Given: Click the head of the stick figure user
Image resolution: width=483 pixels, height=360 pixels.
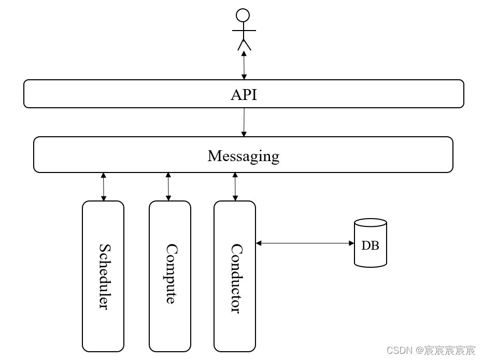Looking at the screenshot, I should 243,16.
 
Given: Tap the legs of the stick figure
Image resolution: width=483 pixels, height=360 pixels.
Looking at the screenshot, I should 244,45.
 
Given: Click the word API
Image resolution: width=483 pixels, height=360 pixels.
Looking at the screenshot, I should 244,95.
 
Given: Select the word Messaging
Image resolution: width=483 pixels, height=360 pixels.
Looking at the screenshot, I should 243,155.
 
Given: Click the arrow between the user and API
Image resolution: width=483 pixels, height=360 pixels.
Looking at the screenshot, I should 244,65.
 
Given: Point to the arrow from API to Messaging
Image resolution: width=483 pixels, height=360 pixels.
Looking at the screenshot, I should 244,122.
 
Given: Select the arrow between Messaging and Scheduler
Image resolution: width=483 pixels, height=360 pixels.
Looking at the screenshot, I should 104,187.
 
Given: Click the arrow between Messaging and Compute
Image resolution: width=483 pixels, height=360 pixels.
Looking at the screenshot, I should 168,187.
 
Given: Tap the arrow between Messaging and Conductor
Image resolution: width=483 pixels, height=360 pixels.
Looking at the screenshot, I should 235,187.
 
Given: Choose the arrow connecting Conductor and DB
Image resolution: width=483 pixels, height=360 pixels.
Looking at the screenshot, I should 305,243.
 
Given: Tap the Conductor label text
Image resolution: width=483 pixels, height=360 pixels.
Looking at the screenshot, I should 235,278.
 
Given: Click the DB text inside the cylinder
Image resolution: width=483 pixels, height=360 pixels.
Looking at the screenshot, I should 370,246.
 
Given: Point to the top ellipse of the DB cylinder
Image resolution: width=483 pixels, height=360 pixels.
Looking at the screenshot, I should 371,223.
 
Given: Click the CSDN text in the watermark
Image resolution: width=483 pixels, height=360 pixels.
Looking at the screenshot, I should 399,351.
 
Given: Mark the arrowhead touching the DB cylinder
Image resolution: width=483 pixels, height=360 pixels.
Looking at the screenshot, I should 351,243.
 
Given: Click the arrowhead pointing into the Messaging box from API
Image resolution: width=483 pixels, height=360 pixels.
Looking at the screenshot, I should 244,134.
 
